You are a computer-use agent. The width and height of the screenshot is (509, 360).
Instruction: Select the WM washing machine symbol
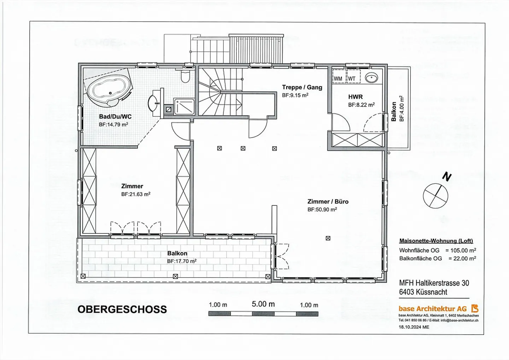click(x=338, y=79)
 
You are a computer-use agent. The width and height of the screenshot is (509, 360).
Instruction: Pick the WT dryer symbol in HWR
click(x=352, y=79)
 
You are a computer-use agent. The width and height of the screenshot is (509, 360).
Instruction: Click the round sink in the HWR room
click(x=371, y=78)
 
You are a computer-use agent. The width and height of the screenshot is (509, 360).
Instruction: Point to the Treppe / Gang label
click(x=302, y=87)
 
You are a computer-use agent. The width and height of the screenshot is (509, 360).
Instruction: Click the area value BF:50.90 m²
click(x=322, y=210)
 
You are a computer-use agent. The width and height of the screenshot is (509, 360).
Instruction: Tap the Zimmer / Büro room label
click(x=328, y=202)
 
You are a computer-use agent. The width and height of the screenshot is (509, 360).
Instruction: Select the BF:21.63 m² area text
click(x=135, y=194)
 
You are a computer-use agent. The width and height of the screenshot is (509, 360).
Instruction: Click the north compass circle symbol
click(x=435, y=196)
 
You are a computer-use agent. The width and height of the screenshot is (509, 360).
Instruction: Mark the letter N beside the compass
click(x=447, y=176)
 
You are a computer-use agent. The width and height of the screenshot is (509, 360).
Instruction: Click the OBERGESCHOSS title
click(x=122, y=309)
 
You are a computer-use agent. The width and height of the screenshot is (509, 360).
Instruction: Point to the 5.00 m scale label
click(x=263, y=304)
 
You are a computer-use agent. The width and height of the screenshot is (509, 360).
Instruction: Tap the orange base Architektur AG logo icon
click(x=475, y=308)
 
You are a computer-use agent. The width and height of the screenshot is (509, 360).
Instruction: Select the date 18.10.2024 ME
click(x=414, y=327)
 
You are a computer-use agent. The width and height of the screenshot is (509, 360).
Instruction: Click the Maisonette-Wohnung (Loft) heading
click(x=436, y=241)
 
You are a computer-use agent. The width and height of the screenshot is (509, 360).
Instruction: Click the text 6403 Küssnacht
click(x=423, y=292)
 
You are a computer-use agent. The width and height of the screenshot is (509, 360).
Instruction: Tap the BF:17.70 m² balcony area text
click(x=182, y=261)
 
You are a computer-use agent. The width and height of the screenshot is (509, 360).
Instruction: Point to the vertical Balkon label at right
click(x=394, y=112)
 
